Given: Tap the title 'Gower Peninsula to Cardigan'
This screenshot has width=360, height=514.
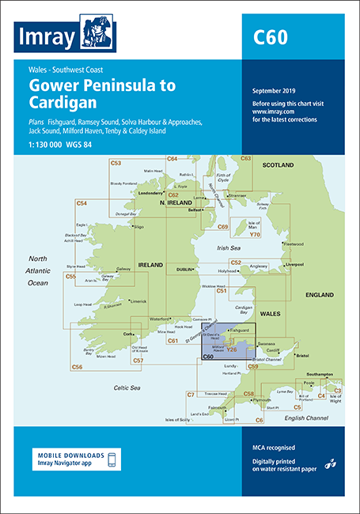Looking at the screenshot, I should coord(102,93).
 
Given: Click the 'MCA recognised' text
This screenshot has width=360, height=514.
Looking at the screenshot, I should coord(271,448).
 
